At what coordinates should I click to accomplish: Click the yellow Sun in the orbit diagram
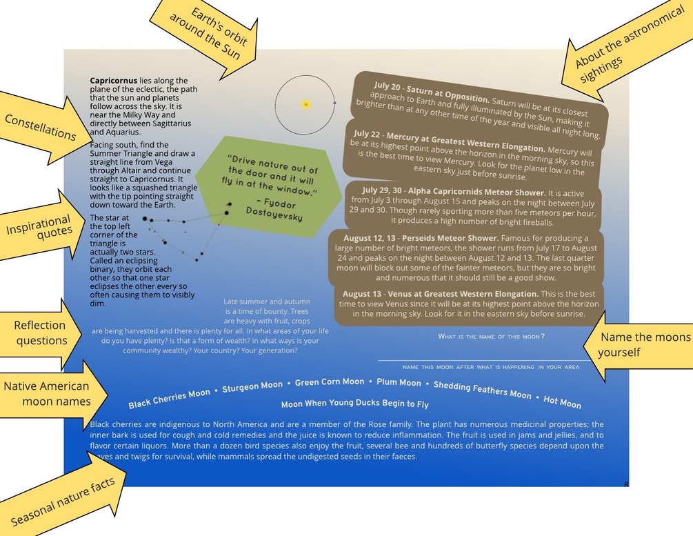point(305,105)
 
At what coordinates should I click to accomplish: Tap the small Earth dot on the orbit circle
point(334,103)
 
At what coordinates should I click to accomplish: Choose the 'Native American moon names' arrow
point(47,393)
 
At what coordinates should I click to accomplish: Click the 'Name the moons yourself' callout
point(641,344)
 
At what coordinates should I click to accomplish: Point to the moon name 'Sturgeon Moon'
point(252,387)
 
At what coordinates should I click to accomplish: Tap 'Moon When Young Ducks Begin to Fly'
point(354,404)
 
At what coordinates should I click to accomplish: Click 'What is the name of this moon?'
point(491,337)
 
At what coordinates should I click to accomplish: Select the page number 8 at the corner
point(626,484)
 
